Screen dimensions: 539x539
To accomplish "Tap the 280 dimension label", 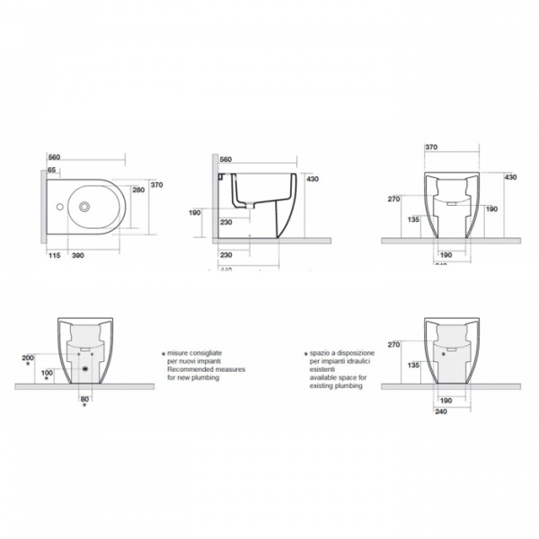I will pos(138,190).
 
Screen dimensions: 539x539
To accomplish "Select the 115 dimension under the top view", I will pos(56,256).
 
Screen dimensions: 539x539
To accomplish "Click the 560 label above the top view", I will pos(53,155).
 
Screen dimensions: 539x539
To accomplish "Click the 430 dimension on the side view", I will pos(312,180).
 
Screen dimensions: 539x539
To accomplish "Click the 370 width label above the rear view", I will pos(431,146).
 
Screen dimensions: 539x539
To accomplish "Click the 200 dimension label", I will pos(26,358).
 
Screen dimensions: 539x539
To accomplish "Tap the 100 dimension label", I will pos(47,373).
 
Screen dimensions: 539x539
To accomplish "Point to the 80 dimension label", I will pos(85,398).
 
